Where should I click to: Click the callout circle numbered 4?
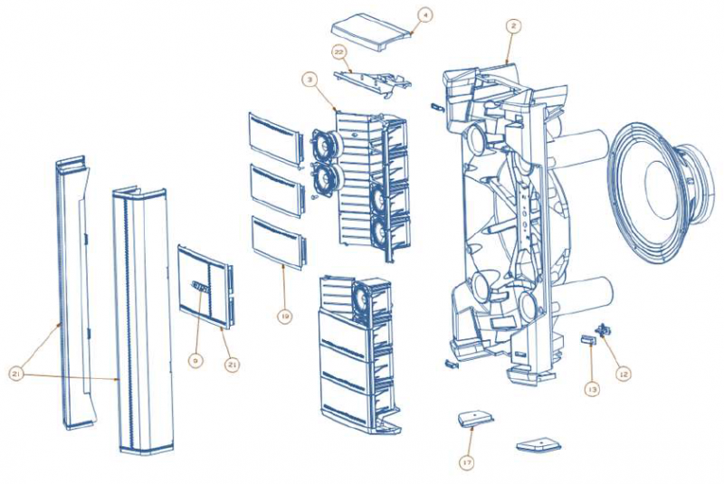point(424,14)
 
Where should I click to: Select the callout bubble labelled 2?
point(512,27)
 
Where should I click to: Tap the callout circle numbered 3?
point(310,81)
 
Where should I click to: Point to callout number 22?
point(341,52)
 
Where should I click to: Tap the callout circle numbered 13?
point(592,389)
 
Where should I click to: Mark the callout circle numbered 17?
point(467,462)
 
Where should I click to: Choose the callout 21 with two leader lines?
point(17,371)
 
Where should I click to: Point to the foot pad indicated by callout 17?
point(476,418)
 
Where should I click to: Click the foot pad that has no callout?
point(538,444)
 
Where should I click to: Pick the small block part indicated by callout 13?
point(586,340)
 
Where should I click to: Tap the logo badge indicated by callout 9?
point(200,289)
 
